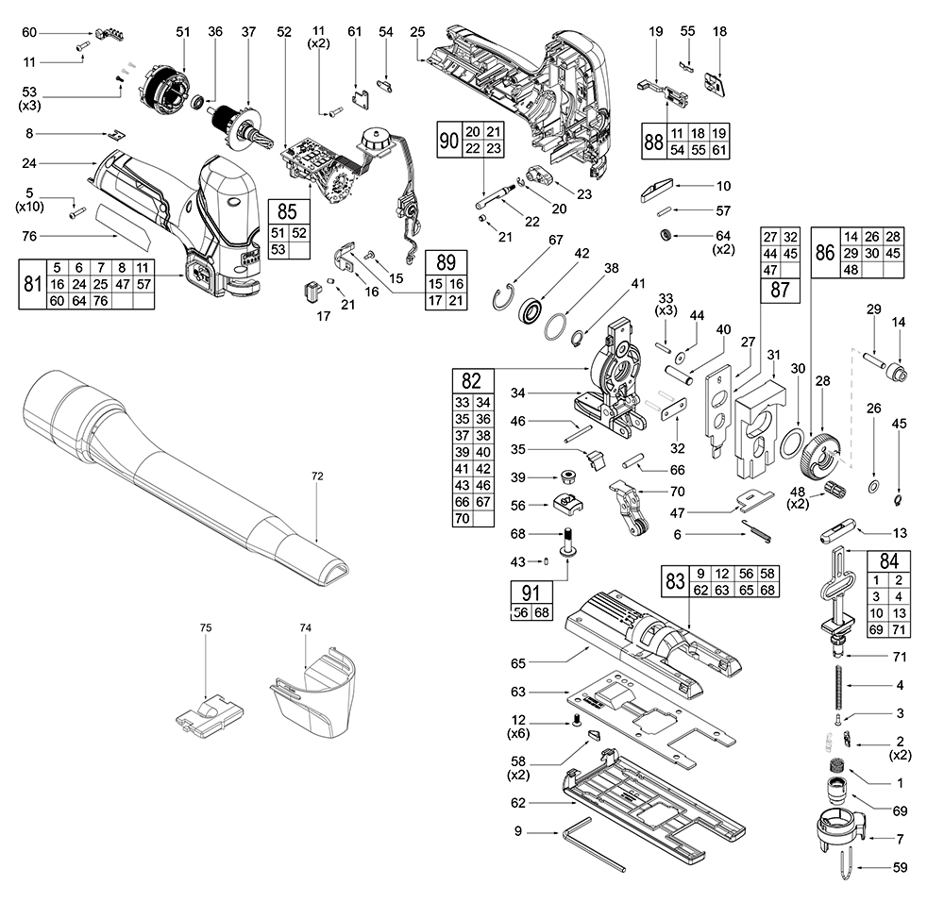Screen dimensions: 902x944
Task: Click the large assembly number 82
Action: tap(472, 381)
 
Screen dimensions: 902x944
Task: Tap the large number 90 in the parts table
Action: tap(449, 140)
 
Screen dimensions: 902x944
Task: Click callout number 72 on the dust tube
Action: tap(317, 476)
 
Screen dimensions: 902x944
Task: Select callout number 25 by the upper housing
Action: tap(416, 32)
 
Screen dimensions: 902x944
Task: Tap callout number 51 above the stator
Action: tap(183, 32)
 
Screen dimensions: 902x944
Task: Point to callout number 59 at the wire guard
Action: tap(900, 866)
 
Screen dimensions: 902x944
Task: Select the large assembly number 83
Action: tap(674, 581)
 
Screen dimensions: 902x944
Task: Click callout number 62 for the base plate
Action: tap(516, 803)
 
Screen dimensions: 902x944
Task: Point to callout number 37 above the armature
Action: tap(249, 32)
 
